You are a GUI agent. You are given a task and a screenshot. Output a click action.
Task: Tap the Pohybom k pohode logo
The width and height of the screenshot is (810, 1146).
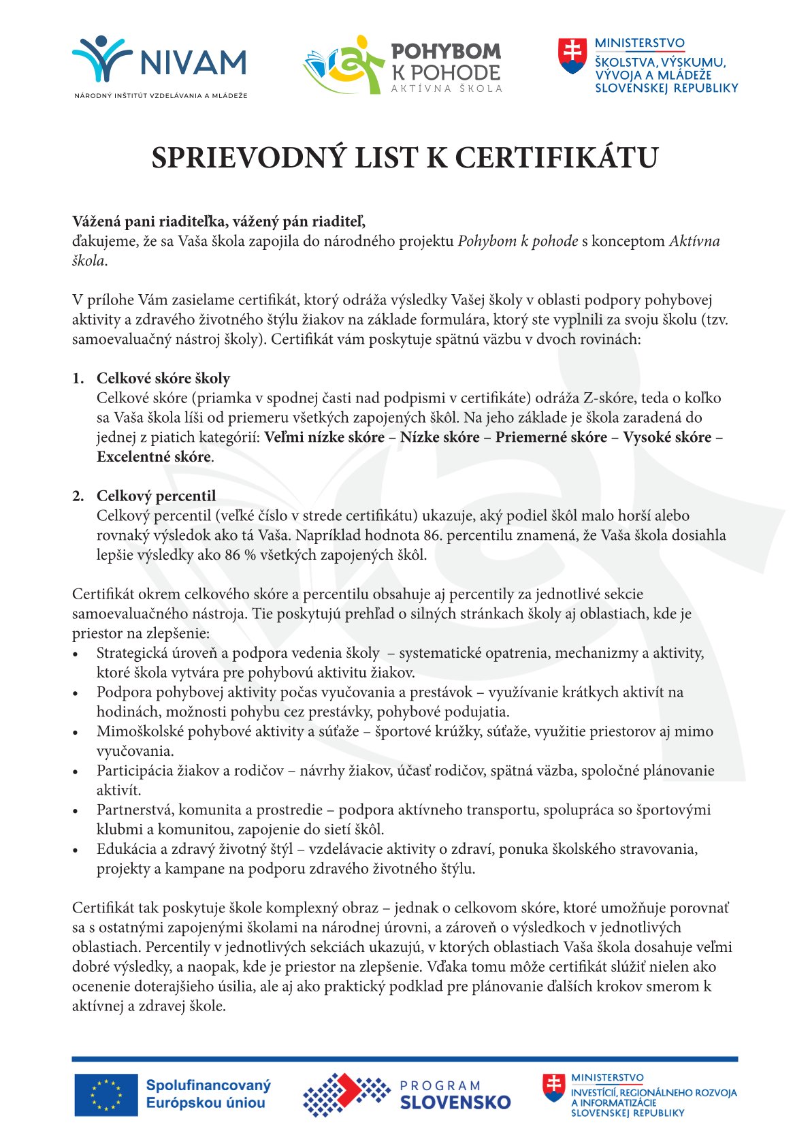[x=402, y=65]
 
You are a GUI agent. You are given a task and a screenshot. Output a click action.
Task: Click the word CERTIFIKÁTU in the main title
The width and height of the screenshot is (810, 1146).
[x=556, y=158]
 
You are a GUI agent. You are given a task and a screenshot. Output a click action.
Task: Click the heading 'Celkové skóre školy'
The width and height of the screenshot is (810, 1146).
[x=163, y=379]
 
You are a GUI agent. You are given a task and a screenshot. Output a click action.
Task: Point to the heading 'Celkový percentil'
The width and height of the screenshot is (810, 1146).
[x=156, y=496]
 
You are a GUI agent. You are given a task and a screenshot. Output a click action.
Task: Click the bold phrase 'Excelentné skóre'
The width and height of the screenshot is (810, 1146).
[x=154, y=457]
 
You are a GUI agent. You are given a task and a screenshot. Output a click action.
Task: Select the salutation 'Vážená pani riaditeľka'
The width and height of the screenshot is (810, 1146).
[x=150, y=221]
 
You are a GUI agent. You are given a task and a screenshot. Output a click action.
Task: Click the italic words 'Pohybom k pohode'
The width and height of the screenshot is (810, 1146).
[x=518, y=241]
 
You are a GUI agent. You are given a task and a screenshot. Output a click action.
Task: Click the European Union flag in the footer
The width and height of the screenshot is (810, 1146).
[x=106, y=1094]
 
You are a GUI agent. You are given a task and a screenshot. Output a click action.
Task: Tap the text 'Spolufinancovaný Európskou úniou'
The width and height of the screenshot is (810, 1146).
[x=208, y=1094]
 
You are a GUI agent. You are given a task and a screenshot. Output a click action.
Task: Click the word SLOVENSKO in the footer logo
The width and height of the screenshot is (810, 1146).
[x=455, y=1102]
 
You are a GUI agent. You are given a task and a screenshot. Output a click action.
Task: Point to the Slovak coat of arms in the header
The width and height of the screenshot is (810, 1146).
[x=572, y=56]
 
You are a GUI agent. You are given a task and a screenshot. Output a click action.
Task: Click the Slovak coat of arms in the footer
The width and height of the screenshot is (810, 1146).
[x=553, y=1087]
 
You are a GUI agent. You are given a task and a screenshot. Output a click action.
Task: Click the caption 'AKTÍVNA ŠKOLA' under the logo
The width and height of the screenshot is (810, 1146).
[x=447, y=89]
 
